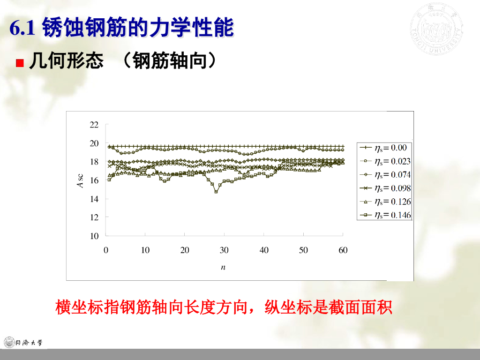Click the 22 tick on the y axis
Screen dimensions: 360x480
click(x=95, y=125)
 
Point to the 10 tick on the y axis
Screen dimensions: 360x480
click(x=95, y=236)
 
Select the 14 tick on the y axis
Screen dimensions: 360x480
click(x=95, y=199)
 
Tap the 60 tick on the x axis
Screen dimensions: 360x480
click(x=343, y=250)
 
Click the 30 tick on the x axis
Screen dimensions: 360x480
click(x=225, y=250)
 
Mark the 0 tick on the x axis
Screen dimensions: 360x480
click(x=106, y=250)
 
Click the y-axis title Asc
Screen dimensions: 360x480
click(x=80, y=180)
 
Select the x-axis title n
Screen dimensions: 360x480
click(x=224, y=267)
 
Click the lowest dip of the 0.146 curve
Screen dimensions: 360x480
click(x=216, y=192)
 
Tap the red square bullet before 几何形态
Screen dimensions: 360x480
click(x=20, y=63)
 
